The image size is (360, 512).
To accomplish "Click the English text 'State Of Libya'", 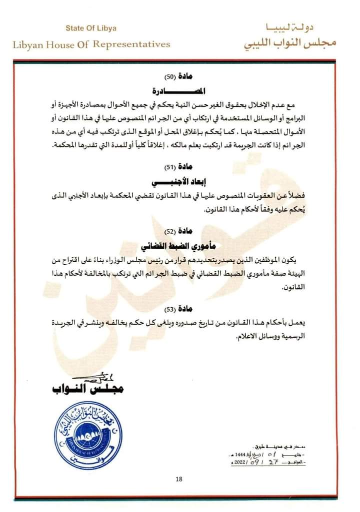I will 90,28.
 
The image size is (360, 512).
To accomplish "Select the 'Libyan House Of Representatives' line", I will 91,44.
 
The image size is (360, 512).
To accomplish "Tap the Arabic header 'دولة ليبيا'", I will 299,27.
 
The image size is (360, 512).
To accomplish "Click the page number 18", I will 179,480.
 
